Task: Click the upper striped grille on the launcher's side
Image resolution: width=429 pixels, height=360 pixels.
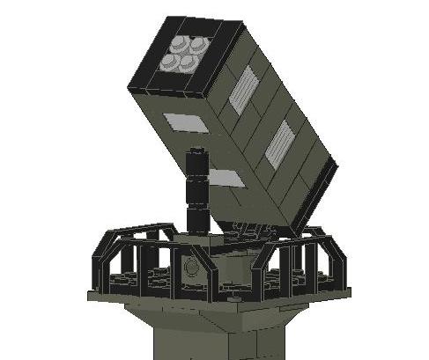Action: click(242, 90)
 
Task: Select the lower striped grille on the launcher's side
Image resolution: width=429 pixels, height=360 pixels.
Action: click(279, 143)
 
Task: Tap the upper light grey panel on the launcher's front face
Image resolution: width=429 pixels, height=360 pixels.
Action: click(186, 122)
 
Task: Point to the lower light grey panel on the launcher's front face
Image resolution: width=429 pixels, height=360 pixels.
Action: click(226, 179)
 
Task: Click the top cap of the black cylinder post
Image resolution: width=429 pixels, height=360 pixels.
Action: click(197, 155)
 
